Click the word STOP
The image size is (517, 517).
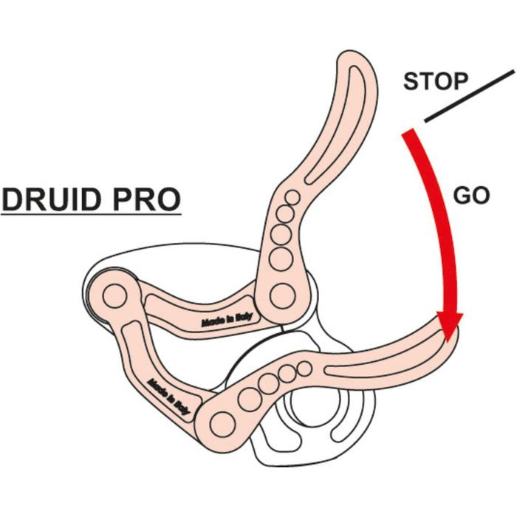[x=435, y=81]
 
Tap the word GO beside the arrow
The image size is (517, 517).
[x=470, y=196]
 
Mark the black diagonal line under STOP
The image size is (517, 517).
[x=468, y=96]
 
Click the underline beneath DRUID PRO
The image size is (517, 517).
[x=90, y=215]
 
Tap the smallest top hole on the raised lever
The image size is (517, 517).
[x=292, y=198]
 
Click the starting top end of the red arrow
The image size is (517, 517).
[x=408, y=135]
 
